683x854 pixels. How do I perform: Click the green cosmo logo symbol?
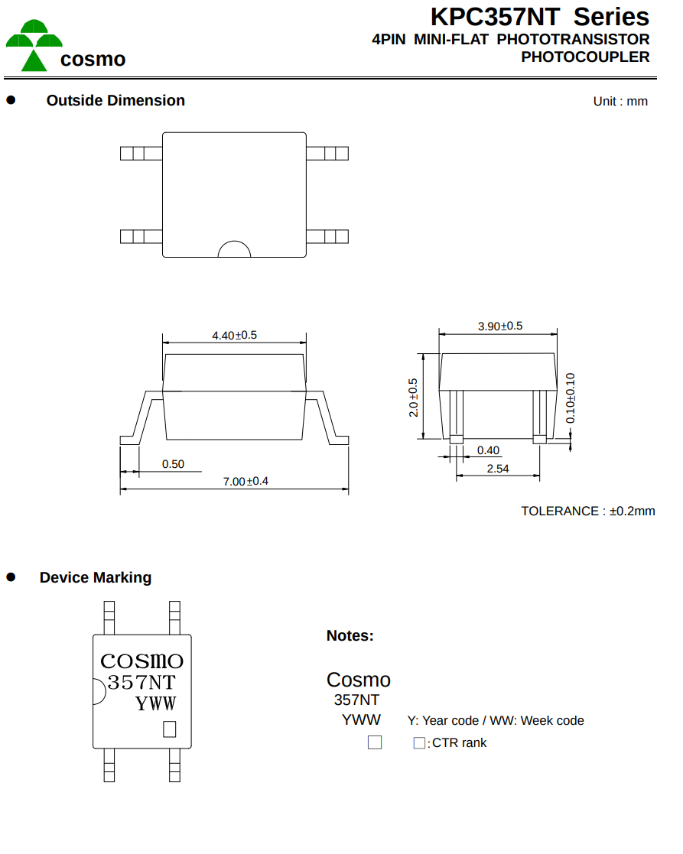tap(34, 45)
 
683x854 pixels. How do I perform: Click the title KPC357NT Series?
tap(540, 17)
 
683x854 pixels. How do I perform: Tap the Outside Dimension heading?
tap(115, 100)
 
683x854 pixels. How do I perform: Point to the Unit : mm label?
tap(620, 102)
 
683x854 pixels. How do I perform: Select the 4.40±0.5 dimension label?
tap(234, 335)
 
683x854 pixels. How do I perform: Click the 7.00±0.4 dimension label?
tap(246, 482)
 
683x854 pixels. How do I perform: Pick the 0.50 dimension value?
tap(173, 464)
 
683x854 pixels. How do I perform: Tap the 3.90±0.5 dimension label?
tap(500, 326)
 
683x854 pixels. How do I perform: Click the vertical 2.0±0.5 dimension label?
tap(413, 398)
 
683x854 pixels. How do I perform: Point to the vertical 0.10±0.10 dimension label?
tap(571, 398)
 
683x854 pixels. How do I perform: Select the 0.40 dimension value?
tap(488, 450)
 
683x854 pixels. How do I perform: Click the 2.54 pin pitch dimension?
tap(498, 469)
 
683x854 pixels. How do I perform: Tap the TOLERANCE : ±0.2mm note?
tap(587, 511)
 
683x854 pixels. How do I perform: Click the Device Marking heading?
tap(96, 577)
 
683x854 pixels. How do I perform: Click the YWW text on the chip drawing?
tap(156, 703)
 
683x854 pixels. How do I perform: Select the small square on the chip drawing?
tap(169, 729)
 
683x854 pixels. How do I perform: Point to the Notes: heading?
tap(350, 635)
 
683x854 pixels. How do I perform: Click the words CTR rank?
tap(459, 743)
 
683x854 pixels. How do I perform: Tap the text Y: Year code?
tap(443, 720)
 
